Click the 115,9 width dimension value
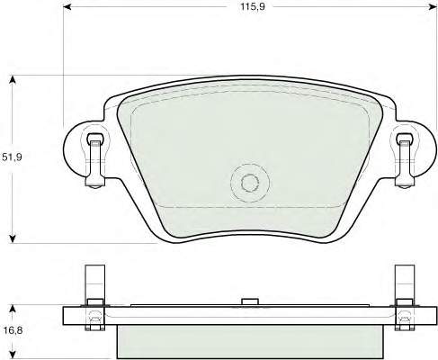pyautogui.click(x=253, y=6)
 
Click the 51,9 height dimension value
pyautogui.click(x=12, y=157)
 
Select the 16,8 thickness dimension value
pyautogui.click(x=12, y=330)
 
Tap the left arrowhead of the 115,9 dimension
pyautogui.click(x=67, y=6)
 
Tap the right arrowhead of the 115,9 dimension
pyautogui.click(x=433, y=6)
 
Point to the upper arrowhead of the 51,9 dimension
pyautogui.click(x=13, y=79)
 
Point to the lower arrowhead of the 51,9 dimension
pyautogui.click(x=13, y=238)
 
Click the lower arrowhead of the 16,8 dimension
pyautogui.click(x=13, y=355)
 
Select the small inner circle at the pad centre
pyautogui.click(x=250, y=183)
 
